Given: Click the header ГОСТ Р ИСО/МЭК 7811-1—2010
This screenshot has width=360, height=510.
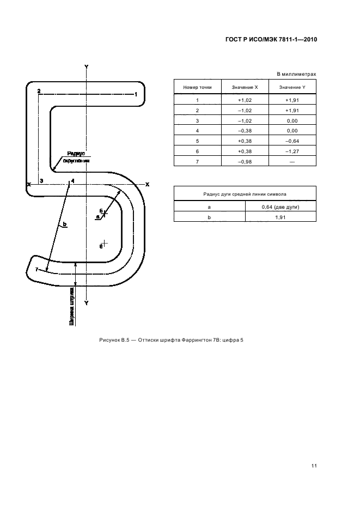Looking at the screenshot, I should pos(271,40).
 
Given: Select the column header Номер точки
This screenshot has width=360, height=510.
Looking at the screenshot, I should pos(197,87).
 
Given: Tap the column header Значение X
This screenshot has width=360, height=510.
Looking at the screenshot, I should pos(245,87).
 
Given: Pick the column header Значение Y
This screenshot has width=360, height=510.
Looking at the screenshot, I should pos(292,87).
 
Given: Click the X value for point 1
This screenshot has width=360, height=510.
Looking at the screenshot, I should pos(245,100).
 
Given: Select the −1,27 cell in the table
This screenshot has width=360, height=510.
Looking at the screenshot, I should pos(292,151).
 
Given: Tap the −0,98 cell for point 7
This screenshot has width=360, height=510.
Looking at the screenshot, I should pos(245,162).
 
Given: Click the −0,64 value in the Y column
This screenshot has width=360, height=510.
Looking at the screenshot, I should pos(292,141).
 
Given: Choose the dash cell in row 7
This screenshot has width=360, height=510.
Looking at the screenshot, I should pos(292,162).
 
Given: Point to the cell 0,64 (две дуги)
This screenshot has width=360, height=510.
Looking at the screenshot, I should pos(280,207).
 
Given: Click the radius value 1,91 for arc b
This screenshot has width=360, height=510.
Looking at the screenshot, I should pos(280,217).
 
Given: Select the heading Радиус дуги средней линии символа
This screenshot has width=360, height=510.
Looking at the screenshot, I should pos(245,193).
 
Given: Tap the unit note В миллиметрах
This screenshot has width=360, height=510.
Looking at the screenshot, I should pos(296,74).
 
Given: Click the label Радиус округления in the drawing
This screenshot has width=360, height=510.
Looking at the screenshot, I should pos(76,157).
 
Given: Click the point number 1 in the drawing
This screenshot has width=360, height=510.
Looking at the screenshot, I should pos(135,94).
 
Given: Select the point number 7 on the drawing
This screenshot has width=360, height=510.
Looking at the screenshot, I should pos(36,270).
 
